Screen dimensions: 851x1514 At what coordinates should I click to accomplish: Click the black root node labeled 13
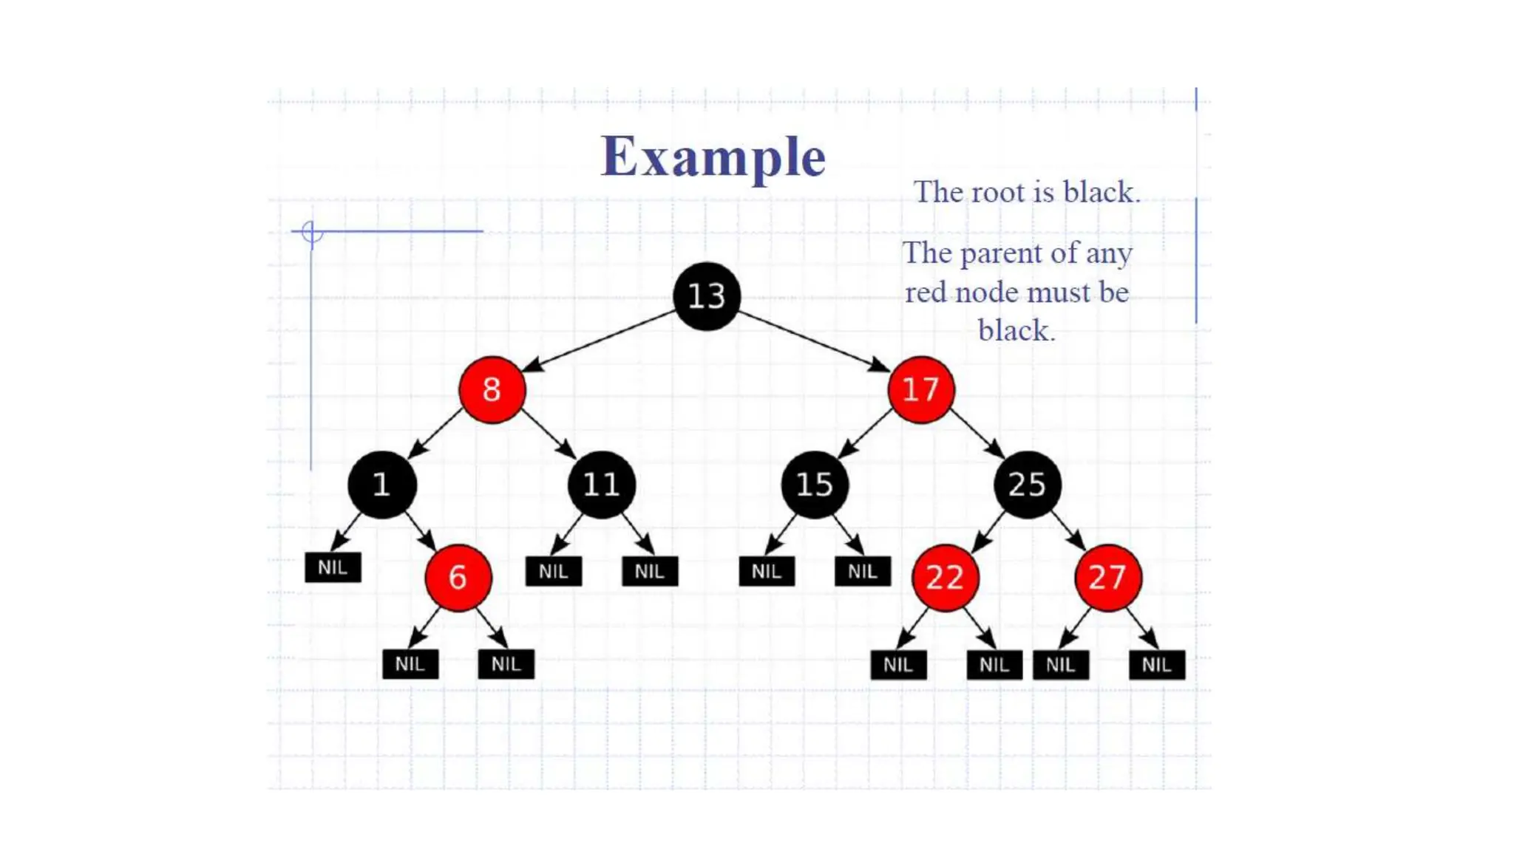[706, 296]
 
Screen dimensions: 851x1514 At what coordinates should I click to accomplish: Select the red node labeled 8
[492, 389]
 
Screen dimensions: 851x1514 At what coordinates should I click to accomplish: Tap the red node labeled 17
[920, 389]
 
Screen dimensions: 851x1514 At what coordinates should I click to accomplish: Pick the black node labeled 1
[381, 485]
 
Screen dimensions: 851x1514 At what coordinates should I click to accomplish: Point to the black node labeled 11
[601, 485]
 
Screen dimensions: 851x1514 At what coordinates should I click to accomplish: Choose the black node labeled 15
[814, 485]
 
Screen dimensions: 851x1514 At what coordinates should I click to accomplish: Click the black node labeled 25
[1027, 485]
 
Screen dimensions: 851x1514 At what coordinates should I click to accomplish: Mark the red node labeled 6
[458, 578]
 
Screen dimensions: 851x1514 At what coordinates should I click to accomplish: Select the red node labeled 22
[945, 578]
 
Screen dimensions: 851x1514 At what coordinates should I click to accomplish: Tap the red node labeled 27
[1107, 578]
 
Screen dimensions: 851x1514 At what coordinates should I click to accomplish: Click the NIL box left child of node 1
[333, 567]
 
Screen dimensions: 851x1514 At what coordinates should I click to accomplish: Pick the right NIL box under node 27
[1156, 665]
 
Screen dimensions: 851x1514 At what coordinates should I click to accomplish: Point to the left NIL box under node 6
[410, 664]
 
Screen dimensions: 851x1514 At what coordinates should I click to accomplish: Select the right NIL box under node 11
[649, 571]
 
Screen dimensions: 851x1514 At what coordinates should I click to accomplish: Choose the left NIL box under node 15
[766, 571]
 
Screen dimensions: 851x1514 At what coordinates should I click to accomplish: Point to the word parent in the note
[1002, 253]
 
